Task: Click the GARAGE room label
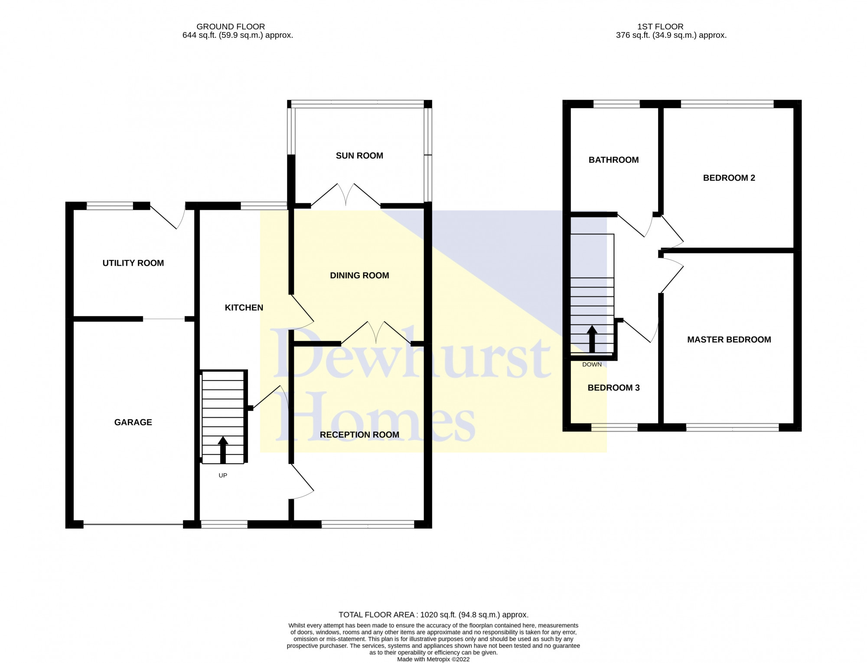point(133,422)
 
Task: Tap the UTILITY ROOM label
point(133,263)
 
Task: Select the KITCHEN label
point(244,308)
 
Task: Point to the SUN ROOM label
point(359,156)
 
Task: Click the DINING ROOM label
point(359,276)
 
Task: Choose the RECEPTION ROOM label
point(359,435)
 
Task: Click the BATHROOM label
point(613,160)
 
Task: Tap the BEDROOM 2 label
point(729,178)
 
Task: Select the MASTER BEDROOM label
point(729,340)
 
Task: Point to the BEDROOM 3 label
point(613,388)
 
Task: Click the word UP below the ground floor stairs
point(223,475)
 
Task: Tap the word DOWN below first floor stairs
point(592,364)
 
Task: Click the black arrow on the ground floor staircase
point(223,450)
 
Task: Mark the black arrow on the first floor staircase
point(592,339)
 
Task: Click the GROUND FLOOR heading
point(231,26)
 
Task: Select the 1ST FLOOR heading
point(660,26)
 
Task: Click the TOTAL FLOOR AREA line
point(433,614)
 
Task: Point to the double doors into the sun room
point(346,195)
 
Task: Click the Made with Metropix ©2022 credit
point(433,660)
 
